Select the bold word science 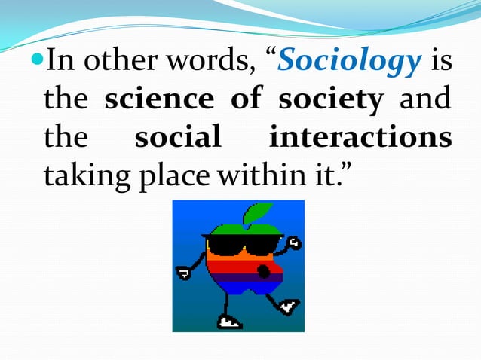pyautogui.click(x=158, y=101)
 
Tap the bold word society pyautogui.click(x=330, y=101)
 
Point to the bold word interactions pyautogui.click(x=360, y=139)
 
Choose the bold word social pyautogui.click(x=178, y=139)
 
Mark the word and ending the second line pyautogui.click(x=425, y=101)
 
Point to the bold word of pyautogui.click(x=246, y=101)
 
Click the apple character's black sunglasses pyautogui.click(x=237, y=245)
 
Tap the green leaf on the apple pyautogui.click(x=259, y=212)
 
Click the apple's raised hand pyautogui.click(x=295, y=243)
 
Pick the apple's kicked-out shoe pyautogui.click(x=289, y=307)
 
